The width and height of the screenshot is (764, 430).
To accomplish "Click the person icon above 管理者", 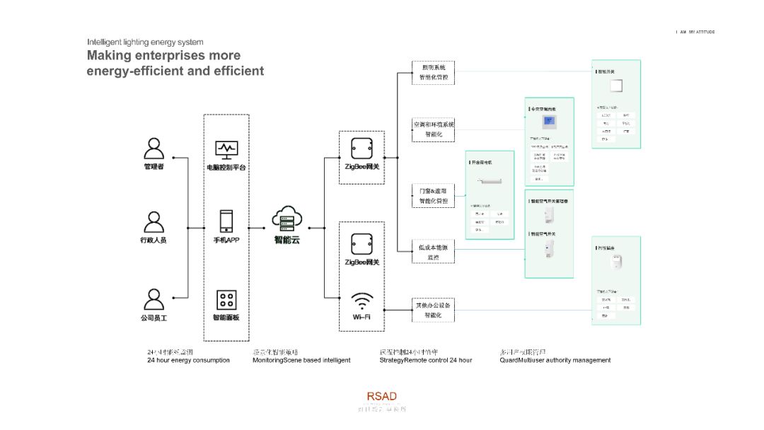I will pos(154,149).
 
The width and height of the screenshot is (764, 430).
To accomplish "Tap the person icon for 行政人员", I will pos(154,222).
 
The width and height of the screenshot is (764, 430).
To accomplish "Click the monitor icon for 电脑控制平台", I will pos(226,149).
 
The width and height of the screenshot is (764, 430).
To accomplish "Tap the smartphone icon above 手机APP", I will pos(226,221).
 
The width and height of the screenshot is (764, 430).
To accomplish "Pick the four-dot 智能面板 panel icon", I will pos(226,300).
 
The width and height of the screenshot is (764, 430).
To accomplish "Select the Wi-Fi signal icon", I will pos(362,301).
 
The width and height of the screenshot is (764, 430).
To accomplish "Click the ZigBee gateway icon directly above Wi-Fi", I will pos(362,245).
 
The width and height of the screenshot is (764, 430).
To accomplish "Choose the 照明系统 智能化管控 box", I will pos(433,72).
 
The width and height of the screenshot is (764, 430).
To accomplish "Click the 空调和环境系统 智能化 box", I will pos(433,129).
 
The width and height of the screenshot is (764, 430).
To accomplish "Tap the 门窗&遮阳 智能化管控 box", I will pos(433,195).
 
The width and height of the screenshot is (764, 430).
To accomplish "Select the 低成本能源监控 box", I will pos(433,251).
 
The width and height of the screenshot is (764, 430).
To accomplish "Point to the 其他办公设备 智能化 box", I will pos(433,310).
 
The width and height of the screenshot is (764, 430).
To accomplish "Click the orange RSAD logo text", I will pos(381,396).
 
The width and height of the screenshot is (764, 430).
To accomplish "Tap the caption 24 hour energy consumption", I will pos(188,361).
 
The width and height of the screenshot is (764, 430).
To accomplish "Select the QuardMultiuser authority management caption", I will pos(555,361).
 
